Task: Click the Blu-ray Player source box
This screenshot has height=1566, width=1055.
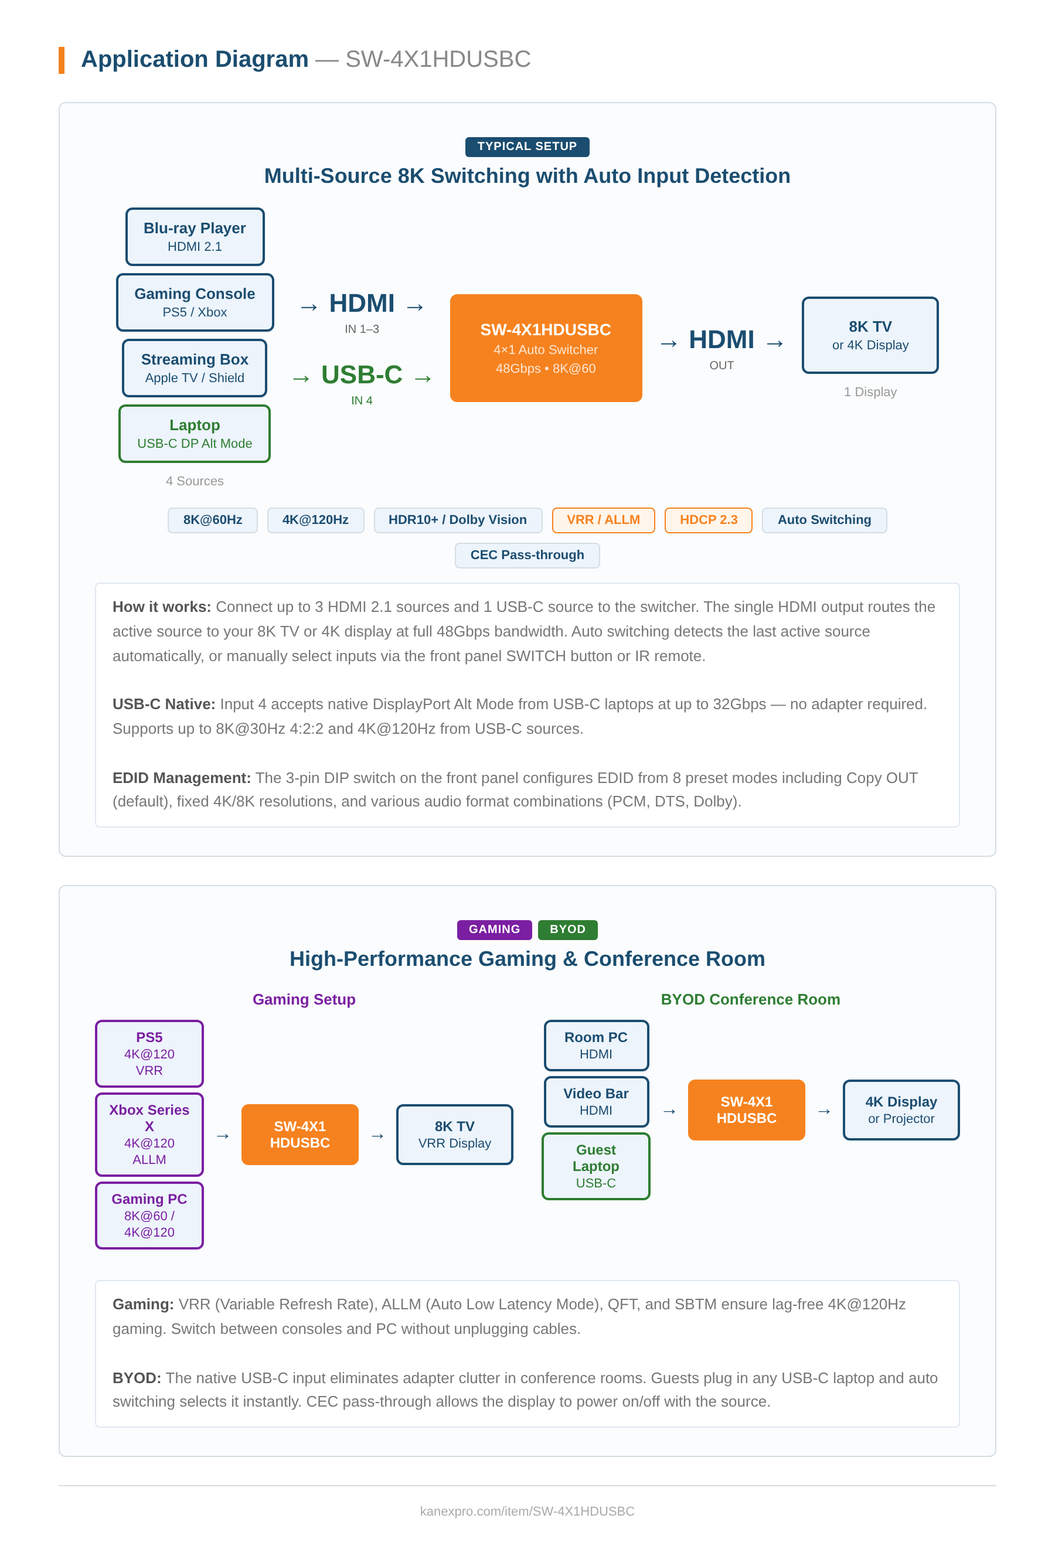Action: tap(195, 236)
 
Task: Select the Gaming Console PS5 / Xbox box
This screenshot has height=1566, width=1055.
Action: tap(195, 302)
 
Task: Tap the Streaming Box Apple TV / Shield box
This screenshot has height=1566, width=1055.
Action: tap(195, 367)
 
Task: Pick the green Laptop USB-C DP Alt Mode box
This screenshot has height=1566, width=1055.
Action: tap(195, 433)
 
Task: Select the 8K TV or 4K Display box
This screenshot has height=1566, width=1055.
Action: tap(869, 335)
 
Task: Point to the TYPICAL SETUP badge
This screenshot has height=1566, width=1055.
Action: tap(527, 146)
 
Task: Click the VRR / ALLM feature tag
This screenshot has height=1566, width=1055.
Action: tap(603, 519)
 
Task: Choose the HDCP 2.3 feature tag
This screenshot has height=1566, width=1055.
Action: tap(708, 519)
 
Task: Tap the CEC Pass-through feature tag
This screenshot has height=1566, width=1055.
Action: tap(527, 554)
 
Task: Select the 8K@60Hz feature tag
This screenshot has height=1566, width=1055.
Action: tap(213, 519)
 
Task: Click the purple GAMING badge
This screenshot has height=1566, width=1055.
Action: tap(494, 929)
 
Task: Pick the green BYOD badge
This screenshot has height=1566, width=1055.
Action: tap(567, 929)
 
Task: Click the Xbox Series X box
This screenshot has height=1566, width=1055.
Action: tap(149, 1133)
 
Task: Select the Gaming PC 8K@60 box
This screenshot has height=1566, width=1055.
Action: tap(149, 1214)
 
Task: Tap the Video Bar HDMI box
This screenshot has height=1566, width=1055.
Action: tap(595, 1101)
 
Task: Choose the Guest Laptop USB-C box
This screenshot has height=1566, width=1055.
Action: tap(595, 1165)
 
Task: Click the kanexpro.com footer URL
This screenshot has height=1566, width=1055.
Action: tap(527, 1510)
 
